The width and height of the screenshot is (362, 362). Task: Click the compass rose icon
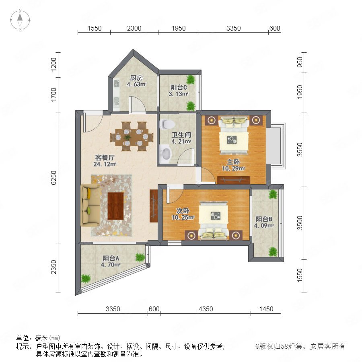20,20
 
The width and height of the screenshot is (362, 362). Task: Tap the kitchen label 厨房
136,78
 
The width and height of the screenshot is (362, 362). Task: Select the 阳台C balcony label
179,88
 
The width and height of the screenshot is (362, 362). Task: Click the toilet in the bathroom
167,124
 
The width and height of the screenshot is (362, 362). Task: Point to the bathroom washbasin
165,153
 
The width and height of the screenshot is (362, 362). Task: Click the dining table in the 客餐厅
132,137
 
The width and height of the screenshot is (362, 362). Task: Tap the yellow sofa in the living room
90,205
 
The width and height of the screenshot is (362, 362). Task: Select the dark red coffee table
116,206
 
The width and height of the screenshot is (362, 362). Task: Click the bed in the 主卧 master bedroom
234,135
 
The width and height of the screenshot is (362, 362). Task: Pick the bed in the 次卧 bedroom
214,220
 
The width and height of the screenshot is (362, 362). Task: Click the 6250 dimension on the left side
53,178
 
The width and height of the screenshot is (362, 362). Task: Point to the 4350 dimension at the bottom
206,309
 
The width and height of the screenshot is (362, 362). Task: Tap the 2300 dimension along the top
134,28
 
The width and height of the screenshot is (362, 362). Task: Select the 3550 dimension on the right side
300,150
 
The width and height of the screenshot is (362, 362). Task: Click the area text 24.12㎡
105,164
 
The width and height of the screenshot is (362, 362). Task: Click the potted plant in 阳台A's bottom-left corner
86,278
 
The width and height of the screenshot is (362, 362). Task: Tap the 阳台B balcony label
263,219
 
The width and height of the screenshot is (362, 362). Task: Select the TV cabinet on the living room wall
154,206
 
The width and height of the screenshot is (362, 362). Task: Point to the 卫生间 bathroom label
181,135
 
